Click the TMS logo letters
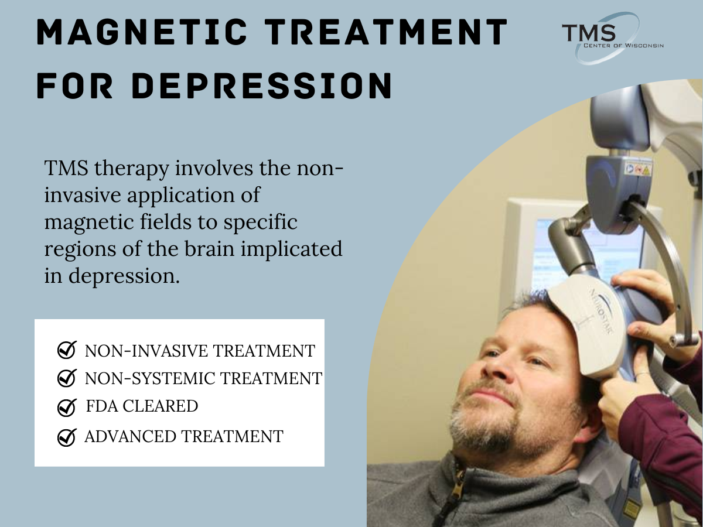coord(589,33)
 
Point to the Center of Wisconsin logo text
coord(623,45)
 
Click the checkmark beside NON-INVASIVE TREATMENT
coord(66,350)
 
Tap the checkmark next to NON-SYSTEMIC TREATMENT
coord(66,378)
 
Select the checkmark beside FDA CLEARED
coord(67,407)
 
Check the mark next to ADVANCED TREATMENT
coord(67,437)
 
